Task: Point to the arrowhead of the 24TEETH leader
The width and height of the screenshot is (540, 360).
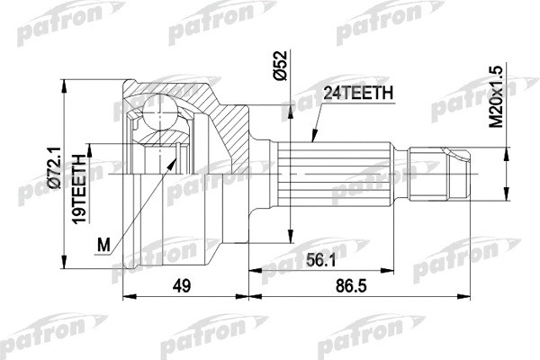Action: pos(310,140)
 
